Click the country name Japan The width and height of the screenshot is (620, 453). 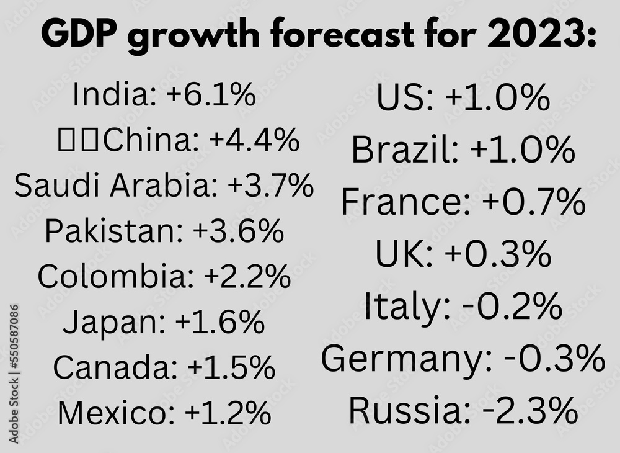tap(114, 323)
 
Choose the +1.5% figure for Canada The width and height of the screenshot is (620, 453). tap(231, 368)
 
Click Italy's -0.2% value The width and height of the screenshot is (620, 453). tap(509, 307)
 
